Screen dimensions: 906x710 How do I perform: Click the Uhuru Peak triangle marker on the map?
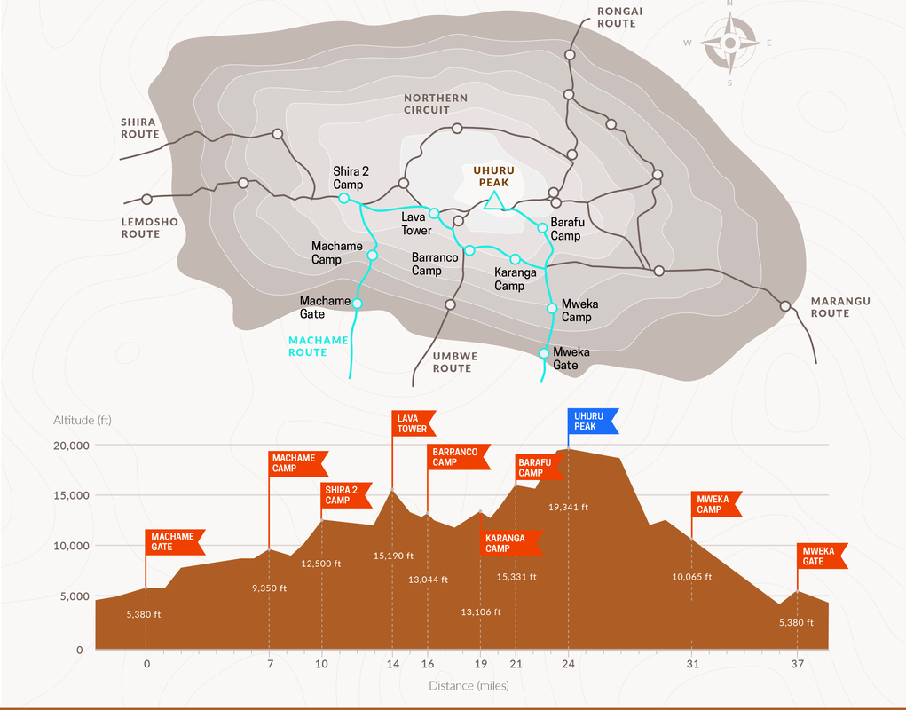click(x=495, y=203)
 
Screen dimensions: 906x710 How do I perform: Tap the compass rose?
click(x=729, y=43)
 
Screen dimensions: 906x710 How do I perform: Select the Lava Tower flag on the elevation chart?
click(x=413, y=423)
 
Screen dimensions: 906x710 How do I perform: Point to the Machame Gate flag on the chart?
click(x=174, y=541)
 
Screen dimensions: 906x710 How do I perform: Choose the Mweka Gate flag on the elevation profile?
click(x=821, y=556)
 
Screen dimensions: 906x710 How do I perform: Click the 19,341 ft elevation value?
click(x=569, y=508)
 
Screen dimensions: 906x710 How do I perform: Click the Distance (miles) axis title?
click(x=469, y=685)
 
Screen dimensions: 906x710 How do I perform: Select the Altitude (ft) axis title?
click(x=83, y=420)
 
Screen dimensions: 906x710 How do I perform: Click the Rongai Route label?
click(x=618, y=17)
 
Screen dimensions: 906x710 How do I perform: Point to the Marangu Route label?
click(x=840, y=307)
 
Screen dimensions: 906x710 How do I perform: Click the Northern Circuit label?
click(x=436, y=104)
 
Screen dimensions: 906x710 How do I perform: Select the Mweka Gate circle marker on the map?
click(x=545, y=353)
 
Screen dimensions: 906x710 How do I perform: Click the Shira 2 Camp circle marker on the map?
click(x=343, y=199)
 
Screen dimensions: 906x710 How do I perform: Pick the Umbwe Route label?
click(x=454, y=362)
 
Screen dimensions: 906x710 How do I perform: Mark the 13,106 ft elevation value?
click(x=481, y=611)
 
